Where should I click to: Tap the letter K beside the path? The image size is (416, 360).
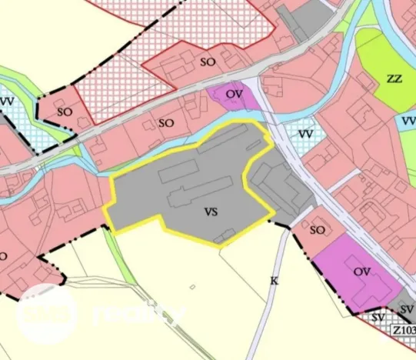(273, 281)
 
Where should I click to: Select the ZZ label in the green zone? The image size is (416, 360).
(394, 78)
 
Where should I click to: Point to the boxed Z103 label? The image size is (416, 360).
(403, 331)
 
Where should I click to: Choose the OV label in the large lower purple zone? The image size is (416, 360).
(363, 272)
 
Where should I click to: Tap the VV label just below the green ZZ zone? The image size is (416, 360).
(408, 121)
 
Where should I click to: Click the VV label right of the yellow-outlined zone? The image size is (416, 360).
(305, 135)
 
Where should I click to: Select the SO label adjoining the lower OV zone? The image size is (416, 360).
(318, 229)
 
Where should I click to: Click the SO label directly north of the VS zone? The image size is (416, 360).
(166, 122)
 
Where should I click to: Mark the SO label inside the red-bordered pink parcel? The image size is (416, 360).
(207, 62)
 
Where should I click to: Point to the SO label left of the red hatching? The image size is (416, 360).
(65, 112)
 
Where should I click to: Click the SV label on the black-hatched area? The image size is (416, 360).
(377, 317)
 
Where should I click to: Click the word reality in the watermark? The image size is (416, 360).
(140, 315)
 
